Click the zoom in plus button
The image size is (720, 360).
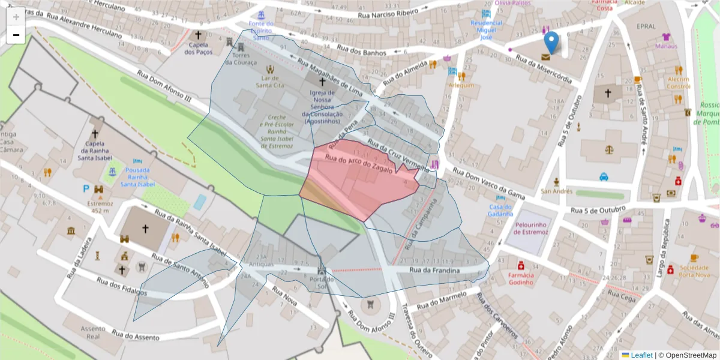coord(16,17)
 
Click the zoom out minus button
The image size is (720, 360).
coord(16,35)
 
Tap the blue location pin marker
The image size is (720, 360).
coord(551,43)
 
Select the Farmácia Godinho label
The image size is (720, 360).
coord(521,278)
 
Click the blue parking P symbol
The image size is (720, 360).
coord(86,188)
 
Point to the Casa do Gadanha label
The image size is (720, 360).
coord(500,210)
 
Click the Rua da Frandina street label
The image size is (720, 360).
coord(434,271)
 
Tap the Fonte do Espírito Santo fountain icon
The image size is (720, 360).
coord(261,15)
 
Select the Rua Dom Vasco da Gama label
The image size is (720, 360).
coord(489,183)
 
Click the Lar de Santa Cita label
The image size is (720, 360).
coord(269,82)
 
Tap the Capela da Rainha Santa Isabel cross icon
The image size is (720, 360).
coord(95,133)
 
